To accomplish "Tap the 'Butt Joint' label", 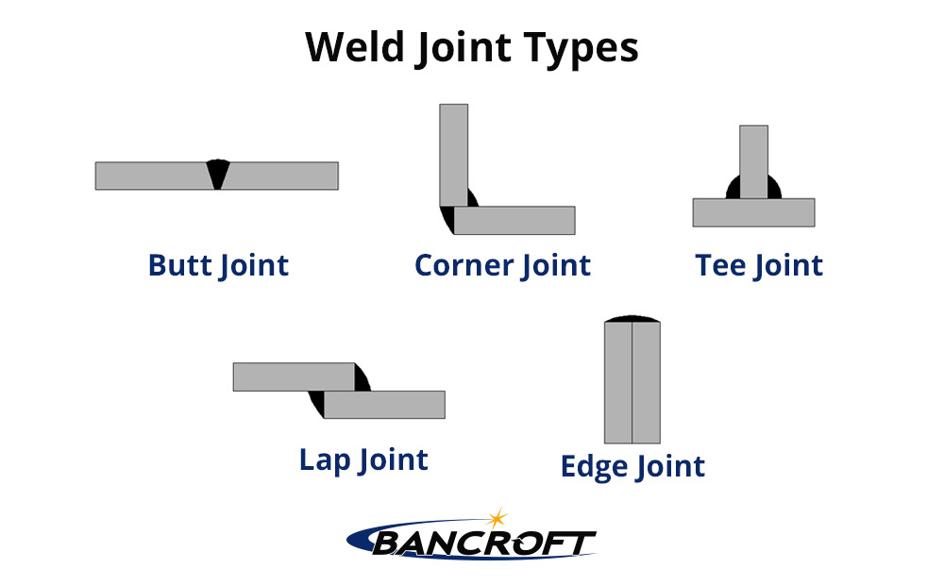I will point(218,265).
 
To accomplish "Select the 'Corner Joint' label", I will point(502,265).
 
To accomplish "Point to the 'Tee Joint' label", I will point(759,265).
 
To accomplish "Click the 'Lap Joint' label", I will point(363,460).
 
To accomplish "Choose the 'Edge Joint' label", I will point(632,466).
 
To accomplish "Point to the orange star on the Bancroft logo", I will point(497,519).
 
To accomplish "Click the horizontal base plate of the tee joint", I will point(753,212).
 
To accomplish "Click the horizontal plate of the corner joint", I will point(515,220).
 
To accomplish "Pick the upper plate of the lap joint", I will point(293,376).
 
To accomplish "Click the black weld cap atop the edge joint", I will point(632,318).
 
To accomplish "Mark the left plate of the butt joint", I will point(151,175).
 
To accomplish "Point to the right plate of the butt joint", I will point(283,175).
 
